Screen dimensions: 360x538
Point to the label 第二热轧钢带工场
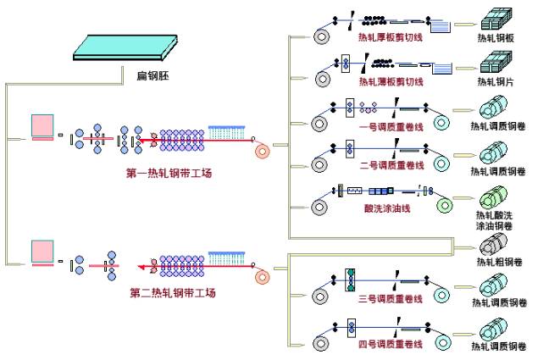click(x=173, y=293)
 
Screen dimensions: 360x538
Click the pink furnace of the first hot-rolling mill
click(x=43, y=128)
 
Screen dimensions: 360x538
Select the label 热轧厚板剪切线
click(x=391, y=38)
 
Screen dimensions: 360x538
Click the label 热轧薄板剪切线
click(x=391, y=82)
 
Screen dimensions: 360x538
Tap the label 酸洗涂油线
click(x=388, y=208)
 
